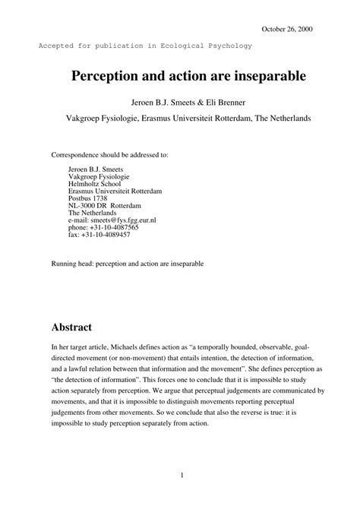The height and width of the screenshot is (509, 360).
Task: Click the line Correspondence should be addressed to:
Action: point(110,154)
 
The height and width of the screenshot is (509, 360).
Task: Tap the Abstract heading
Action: point(71,327)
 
